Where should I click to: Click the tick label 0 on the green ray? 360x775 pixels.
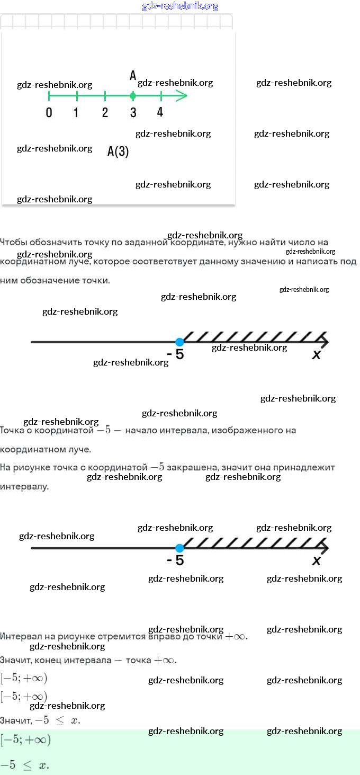[49, 112]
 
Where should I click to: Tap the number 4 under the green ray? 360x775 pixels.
[160, 112]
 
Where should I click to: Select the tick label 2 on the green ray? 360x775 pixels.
[105, 112]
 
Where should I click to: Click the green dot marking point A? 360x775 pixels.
[133, 96]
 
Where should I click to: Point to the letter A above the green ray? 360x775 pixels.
[133, 76]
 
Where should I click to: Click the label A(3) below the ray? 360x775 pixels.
[118, 152]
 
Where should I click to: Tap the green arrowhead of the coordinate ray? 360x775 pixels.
[181, 96]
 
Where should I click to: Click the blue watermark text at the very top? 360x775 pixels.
[180, 6]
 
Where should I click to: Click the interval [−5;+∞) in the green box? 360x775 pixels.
[25, 740]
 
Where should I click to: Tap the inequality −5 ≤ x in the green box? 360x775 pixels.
[24, 765]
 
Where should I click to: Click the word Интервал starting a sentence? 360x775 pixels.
[21, 636]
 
